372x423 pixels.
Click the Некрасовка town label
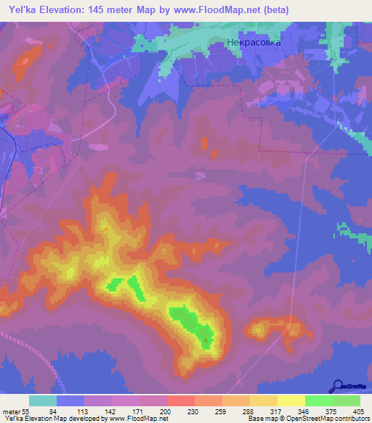pyautogui.click(x=252, y=42)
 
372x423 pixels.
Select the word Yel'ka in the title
pyautogui.click(x=20, y=10)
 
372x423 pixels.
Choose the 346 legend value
pyautogui.click(x=304, y=411)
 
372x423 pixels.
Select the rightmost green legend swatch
pyautogui.click(x=346, y=400)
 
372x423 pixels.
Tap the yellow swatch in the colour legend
pyautogui.click(x=291, y=400)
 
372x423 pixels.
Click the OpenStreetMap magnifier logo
pyautogui.click(x=339, y=386)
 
